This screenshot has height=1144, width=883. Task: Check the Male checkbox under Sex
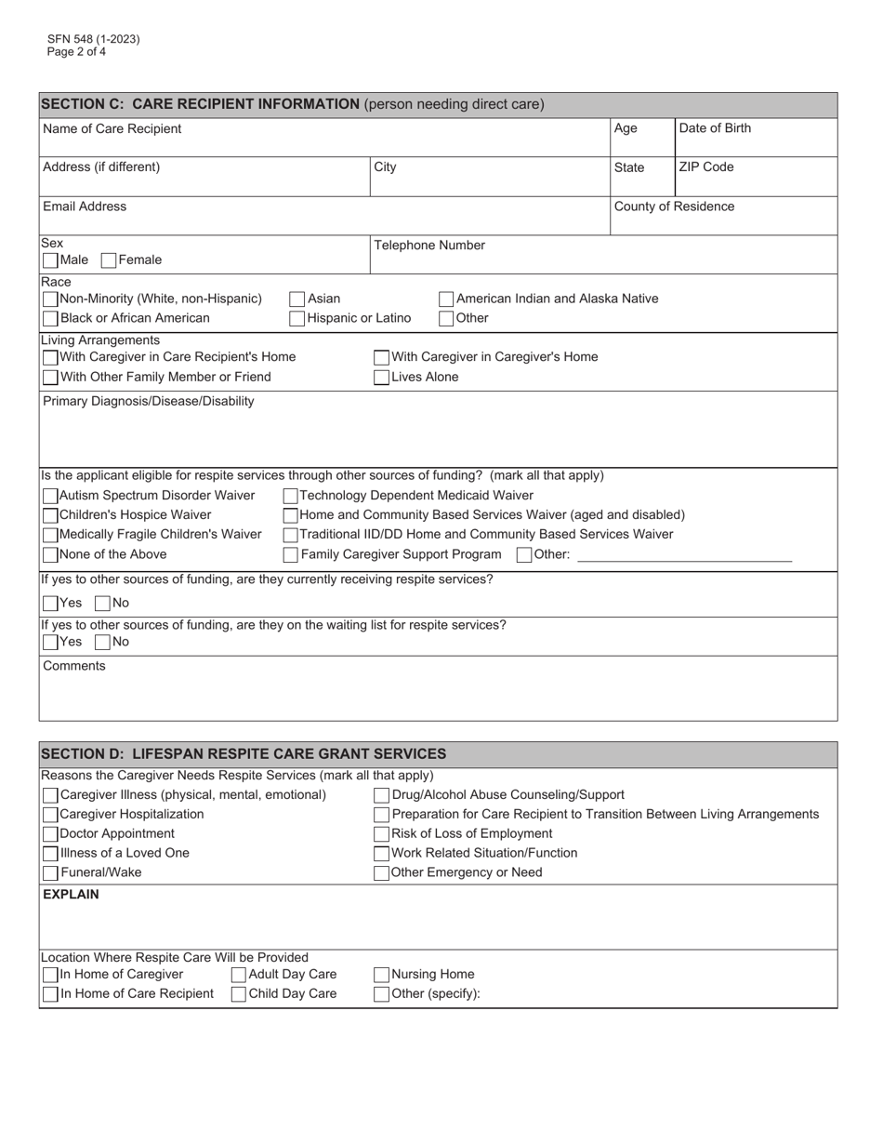50,260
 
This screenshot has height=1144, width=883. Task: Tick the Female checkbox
109,260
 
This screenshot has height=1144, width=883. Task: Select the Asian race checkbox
297,299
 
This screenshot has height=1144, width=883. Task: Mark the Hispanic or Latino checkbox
297,319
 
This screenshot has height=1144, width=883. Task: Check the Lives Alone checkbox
381,378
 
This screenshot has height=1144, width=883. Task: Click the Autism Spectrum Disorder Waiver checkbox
50,496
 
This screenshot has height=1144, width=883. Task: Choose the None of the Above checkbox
50,555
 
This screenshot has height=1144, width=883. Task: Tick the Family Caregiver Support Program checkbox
291,555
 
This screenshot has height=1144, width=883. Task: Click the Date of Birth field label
715,128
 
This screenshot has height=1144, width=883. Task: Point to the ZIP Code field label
705,167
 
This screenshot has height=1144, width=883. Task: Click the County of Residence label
674,206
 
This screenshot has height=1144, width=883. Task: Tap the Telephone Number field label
428,246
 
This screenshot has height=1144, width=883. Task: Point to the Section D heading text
244,753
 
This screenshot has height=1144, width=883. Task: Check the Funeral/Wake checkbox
50,873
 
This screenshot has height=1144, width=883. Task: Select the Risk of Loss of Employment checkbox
381,834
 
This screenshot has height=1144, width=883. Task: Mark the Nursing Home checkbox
381,975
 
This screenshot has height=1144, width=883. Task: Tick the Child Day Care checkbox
239,994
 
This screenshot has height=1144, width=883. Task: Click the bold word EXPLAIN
71,895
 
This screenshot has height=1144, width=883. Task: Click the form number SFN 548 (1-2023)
94,40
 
